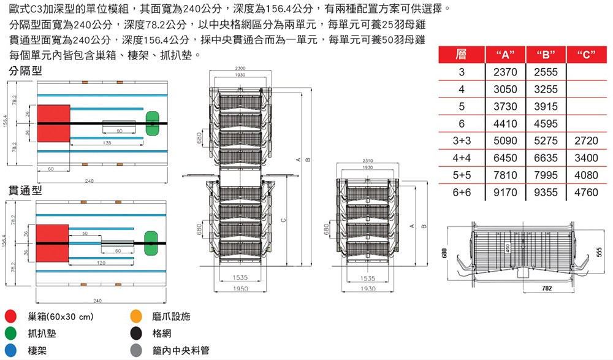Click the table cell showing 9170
(505, 192)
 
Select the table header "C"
(587, 55)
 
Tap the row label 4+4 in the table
(461, 158)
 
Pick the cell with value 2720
(587, 140)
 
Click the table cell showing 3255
(546, 89)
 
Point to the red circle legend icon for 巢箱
(10, 317)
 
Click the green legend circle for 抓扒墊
(10, 334)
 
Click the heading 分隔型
(25, 71)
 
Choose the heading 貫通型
(25, 190)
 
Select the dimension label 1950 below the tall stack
(240, 288)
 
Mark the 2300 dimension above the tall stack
(240, 67)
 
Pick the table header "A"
(505, 55)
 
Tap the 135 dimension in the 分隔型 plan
(107, 142)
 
